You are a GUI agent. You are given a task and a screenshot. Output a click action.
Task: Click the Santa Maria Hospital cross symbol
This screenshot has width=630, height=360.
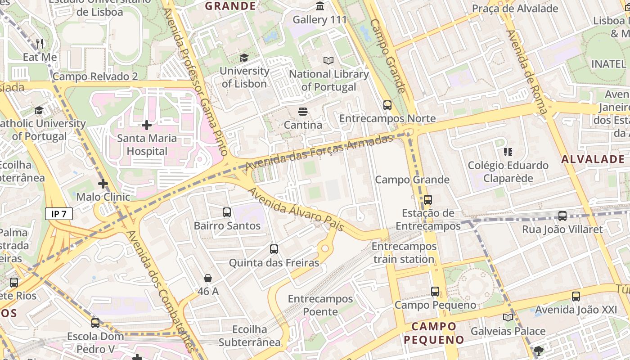point(146,125)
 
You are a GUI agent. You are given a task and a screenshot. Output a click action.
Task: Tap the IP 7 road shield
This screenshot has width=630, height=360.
point(58,214)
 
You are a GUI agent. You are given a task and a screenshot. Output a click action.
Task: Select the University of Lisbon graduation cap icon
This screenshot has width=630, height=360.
point(244,58)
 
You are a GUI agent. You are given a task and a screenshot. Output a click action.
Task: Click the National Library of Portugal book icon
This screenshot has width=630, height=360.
point(329,60)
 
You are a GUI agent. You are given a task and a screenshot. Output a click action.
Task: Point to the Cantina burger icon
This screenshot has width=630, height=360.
point(302,111)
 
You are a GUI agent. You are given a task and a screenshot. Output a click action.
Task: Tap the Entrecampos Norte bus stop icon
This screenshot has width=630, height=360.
point(387,105)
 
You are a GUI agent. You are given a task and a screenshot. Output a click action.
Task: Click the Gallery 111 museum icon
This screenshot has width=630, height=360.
point(320,6)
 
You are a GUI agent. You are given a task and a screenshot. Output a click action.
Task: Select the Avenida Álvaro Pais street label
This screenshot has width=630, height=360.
point(296,210)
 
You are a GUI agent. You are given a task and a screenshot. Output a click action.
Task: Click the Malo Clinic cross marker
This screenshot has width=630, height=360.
point(103,183)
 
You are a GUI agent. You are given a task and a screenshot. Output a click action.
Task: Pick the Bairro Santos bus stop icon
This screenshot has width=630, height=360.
point(227,212)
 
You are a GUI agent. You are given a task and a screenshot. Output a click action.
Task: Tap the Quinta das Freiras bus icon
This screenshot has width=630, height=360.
point(274,249)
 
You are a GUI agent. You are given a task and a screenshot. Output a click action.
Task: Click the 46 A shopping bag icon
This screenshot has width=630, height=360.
point(208,278)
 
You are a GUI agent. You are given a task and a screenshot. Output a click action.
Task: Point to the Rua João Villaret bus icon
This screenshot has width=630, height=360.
point(562,216)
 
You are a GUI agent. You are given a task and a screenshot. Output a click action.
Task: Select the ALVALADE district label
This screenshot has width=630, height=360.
point(593,159)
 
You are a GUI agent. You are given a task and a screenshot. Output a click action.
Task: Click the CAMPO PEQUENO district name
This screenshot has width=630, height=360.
point(434,333)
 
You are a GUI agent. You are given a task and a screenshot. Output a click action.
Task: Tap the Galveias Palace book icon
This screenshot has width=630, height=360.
point(508,317)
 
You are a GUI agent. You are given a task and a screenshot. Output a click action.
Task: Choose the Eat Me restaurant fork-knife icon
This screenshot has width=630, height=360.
point(40,43)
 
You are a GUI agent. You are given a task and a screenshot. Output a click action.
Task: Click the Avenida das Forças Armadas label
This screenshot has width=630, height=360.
point(319,153)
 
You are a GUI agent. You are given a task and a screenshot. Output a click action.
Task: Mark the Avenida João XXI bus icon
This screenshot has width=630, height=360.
point(576,297)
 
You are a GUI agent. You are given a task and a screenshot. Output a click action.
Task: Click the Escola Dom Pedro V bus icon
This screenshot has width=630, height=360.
point(95,323)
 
